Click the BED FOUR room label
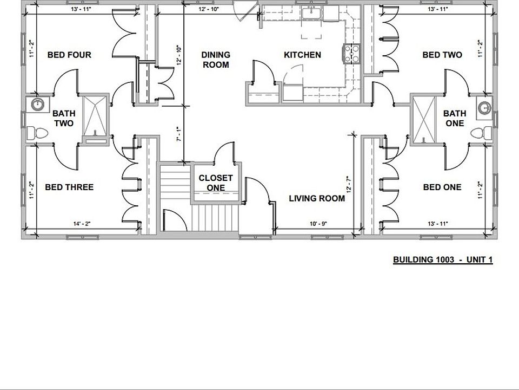tap(69, 55)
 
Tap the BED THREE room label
tap(69, 187)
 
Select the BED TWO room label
tap(442, 55)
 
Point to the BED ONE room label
tap(442, 187)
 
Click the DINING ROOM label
tap(216, 60)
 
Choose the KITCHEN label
tap(303, 55)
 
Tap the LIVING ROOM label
tap(317, 198)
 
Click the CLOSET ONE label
tap(216, 183)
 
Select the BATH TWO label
tap(64, 119)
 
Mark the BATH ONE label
tap(455, 119)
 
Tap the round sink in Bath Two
tap(37, 105)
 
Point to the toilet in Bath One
tap(482, 133)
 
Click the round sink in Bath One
tap(482, 107)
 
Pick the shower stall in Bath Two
tap(95, 116)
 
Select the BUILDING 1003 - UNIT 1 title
tap(443, 260)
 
